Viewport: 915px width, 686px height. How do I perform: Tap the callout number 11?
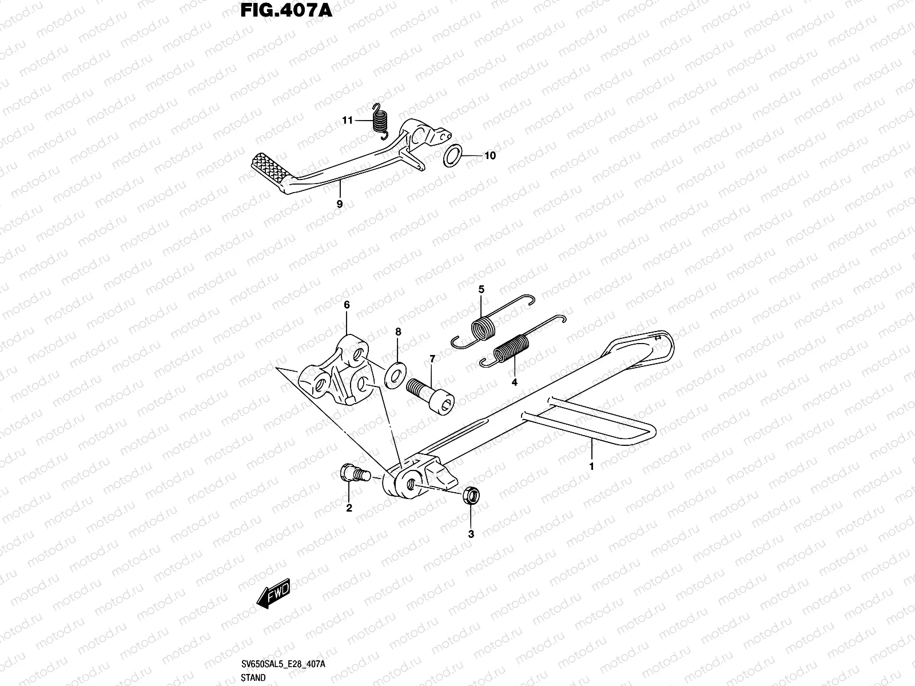pos(347,121)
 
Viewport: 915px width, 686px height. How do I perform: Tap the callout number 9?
pos(340,204)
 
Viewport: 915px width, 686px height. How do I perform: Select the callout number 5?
pos(482,290)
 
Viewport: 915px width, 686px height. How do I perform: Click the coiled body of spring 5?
pos(483,329)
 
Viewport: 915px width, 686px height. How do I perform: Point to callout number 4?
pos(514,382)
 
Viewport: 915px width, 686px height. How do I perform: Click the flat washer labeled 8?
pos(395,374)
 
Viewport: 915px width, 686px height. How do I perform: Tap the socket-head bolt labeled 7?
pos(430,394)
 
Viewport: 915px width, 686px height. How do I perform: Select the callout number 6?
pos(347,306)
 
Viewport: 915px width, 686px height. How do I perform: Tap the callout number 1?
pos(592,466)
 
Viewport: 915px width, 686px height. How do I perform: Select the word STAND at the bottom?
pos(253,678)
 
